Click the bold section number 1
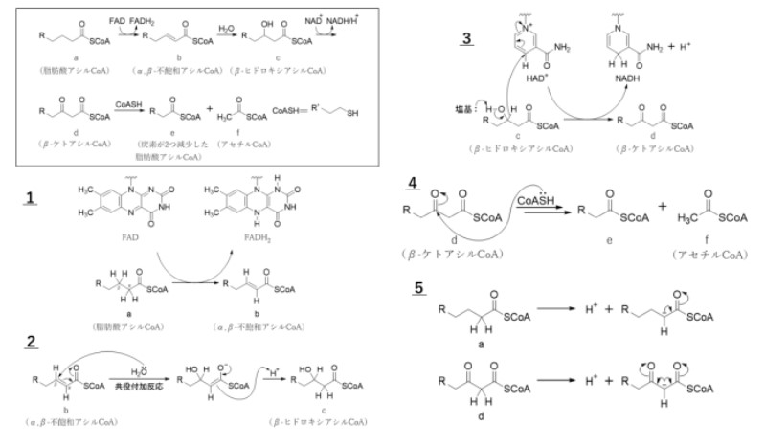point(30,200)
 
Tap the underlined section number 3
point(466,39)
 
